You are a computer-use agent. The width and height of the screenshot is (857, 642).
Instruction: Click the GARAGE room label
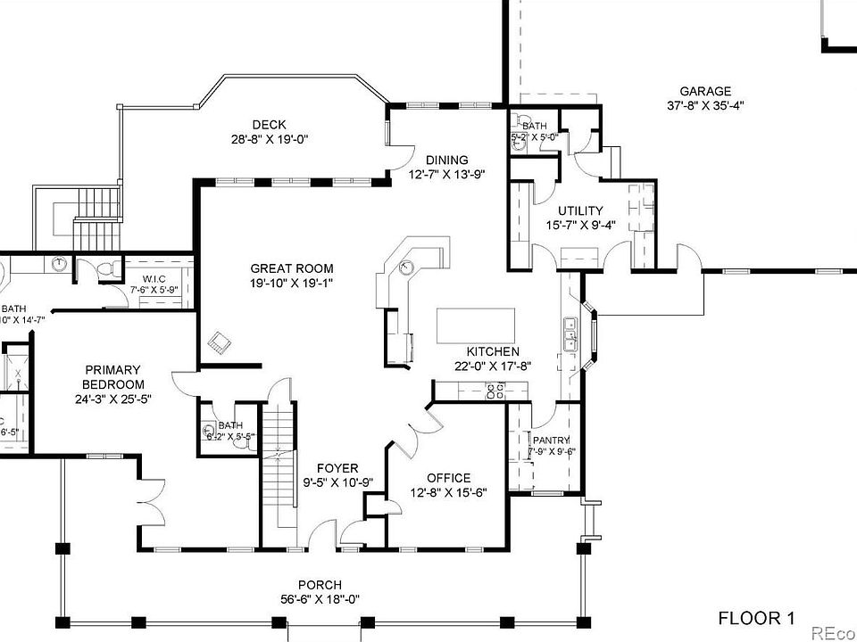705,91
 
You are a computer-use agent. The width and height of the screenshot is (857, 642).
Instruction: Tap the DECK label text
269,125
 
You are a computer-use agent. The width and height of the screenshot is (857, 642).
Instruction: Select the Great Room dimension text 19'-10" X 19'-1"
292,284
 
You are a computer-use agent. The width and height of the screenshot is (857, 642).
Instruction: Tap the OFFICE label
448,478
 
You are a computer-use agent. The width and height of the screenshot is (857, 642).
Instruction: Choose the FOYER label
338,468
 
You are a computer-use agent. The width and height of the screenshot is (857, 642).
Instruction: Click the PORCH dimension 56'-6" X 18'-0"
320,599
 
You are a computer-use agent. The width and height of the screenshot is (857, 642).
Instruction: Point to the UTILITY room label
580,210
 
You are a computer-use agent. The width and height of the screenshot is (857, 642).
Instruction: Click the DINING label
446,160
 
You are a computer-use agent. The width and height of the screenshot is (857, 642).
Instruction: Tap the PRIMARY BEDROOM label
113,377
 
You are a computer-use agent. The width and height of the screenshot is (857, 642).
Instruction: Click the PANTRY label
551,440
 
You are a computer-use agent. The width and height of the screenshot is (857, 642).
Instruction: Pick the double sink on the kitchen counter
570,336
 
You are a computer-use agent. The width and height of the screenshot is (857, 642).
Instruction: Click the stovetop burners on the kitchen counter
494,390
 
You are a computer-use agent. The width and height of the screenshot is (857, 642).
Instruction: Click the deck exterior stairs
96,220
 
